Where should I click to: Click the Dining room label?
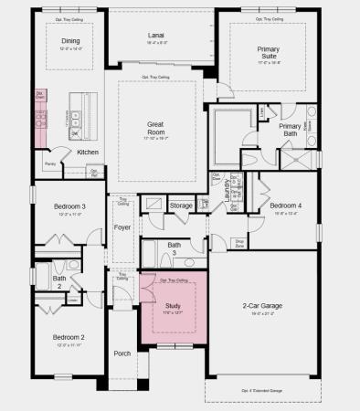(x=70, y=41)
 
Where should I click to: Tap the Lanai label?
(x=156, y=37)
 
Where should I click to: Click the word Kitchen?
(x=88, y=152)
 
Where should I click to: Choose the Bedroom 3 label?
(x=70, y=207)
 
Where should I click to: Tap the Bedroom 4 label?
(x=286, y=205)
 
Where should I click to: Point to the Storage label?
(x=181, y=205)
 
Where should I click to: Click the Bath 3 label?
(x=175, y=248)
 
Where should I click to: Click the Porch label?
(x=122, y=353)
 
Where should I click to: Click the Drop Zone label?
(x=239, y=244)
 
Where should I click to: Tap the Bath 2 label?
(x=58, y=281)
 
